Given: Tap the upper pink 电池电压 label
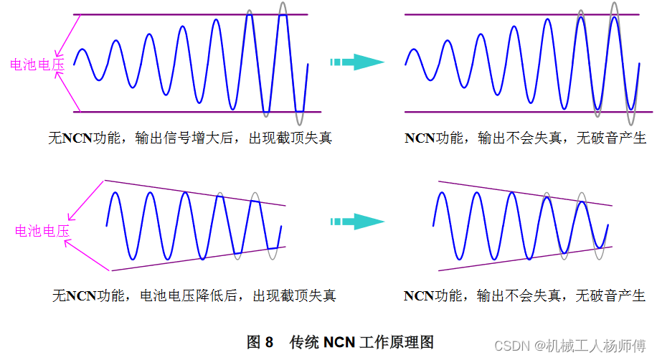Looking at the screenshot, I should point(37,65).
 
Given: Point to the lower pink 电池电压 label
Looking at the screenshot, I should point(42,231).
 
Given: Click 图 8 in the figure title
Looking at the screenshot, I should point(260,342).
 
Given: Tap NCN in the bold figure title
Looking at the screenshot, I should point(339,342).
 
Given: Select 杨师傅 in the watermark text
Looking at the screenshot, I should point(627,346).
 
